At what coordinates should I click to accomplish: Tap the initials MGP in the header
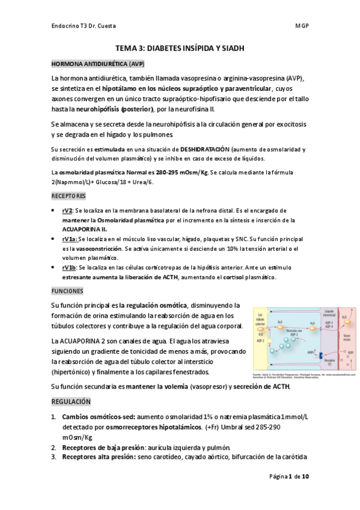click(302, 26)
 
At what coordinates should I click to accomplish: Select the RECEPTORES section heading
click(68, 196)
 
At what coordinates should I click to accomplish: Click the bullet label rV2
click(67, 211)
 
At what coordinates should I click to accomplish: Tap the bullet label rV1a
click(69, 239)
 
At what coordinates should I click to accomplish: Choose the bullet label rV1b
click(69, 266)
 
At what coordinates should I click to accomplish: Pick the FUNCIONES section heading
click(67, 290)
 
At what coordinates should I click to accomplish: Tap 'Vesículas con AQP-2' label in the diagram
click(291, 333)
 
